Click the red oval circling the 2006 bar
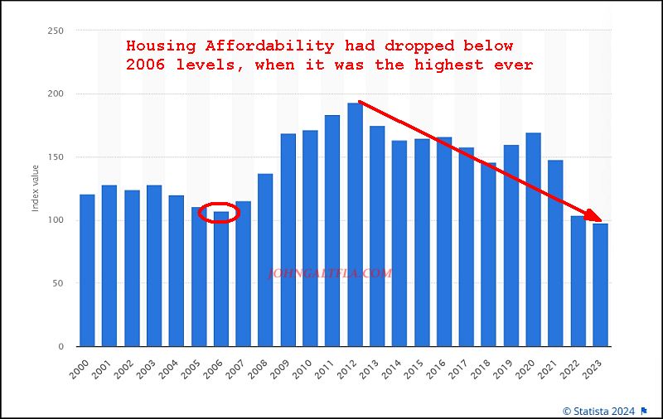point(220,212)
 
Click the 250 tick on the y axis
point(57,31)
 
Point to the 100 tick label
point(57,220)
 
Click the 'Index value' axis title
point(36,189)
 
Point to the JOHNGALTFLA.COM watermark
point(331,272)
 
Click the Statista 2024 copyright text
point(599,410)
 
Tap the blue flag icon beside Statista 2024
point(643,410)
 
